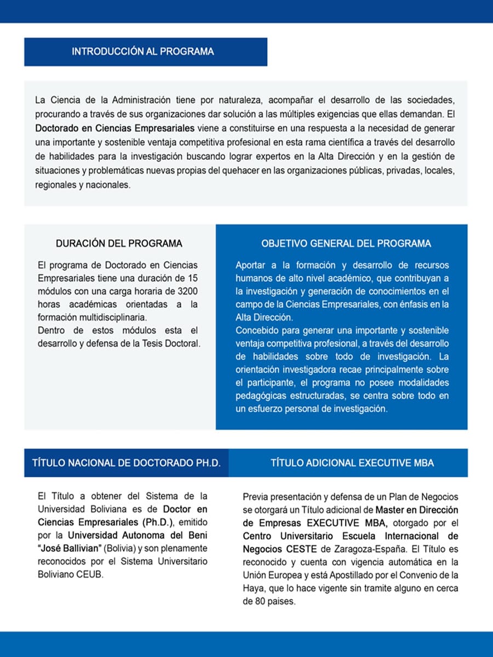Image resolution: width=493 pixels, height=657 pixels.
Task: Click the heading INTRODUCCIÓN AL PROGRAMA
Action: tap(142, 52)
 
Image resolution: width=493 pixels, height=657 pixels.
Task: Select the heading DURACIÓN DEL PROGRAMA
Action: tap(119, 244)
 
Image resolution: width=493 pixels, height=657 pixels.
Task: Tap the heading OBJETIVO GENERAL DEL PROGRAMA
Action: tap(346, 244)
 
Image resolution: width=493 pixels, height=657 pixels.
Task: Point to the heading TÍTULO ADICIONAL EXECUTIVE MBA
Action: tap(352, 463)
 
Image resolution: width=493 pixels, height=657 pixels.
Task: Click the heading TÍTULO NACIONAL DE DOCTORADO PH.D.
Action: tap(126, 463)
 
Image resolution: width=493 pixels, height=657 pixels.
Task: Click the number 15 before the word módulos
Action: tap(192, 278)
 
